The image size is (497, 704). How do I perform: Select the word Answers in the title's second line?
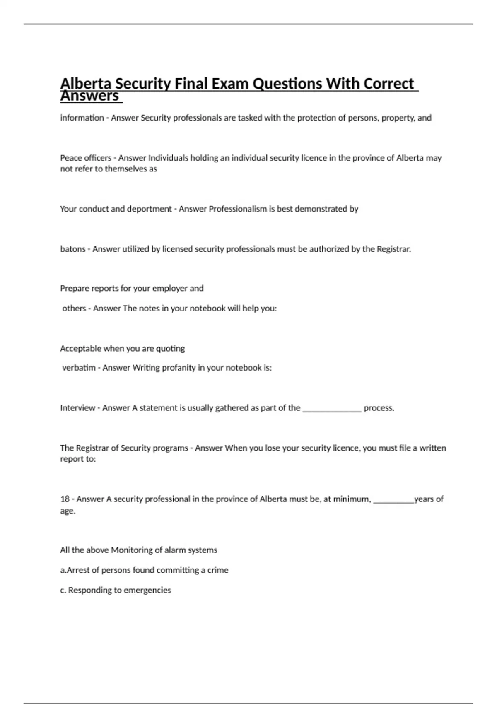pos(90,96)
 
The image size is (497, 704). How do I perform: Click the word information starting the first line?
pos(82,118)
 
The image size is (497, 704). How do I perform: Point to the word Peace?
pos(71,158)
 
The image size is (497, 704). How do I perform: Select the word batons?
pos(72,249)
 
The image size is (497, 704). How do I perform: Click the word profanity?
pos(176,368)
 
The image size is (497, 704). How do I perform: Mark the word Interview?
pos(78,408)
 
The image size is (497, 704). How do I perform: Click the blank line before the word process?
pos(332,409)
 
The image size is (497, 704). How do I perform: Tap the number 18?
pos(65,499)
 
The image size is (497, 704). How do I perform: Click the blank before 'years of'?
pos(393,501)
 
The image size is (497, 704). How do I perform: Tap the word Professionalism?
pos(238,209)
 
